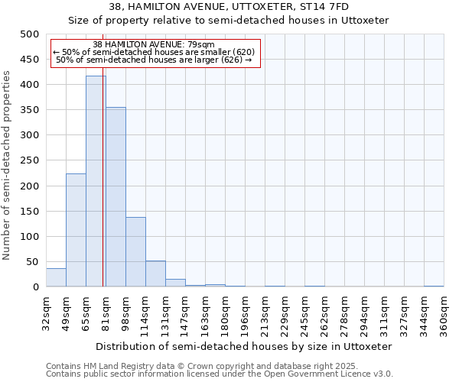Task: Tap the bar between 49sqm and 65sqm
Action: coord(76,230)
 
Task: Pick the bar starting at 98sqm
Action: coord(135,252)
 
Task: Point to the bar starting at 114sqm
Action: coord(155,274)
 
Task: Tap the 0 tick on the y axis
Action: coord(36,287)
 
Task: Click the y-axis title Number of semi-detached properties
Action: coord(8,165)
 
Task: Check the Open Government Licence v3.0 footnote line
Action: coord(220,374)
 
